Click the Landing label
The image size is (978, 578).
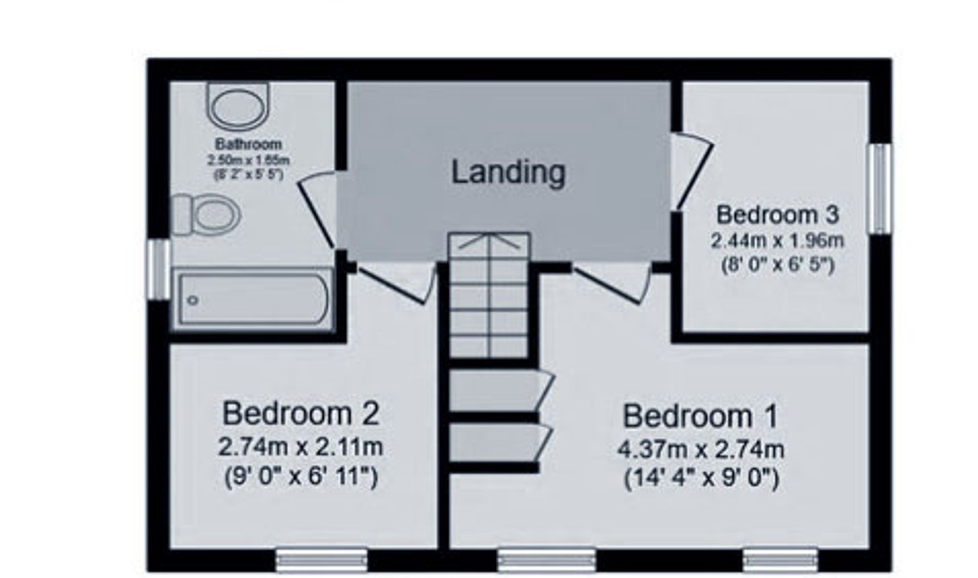click(x=508, y=173)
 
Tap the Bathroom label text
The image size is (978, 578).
click(x=248, y=144)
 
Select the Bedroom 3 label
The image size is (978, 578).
click(x=777, y=215)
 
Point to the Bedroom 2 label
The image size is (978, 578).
click(x=301, y=413)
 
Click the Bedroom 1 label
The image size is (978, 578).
click(x=700, y=416)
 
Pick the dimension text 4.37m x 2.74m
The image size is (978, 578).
click(x=701, y=449)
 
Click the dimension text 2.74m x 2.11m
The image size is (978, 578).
click(x=301, y=446)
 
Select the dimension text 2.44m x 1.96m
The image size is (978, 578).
click(x=777, y=241)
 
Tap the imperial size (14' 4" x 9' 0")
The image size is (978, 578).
click(x=701, y=478)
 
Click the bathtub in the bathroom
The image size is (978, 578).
click(x=252, y=298)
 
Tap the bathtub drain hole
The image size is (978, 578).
click(x=193, y=300)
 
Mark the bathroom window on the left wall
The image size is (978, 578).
click(x=159, y=269)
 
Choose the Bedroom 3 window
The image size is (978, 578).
click(x=880, y=189)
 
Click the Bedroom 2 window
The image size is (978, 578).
click(x=321, y=559)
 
